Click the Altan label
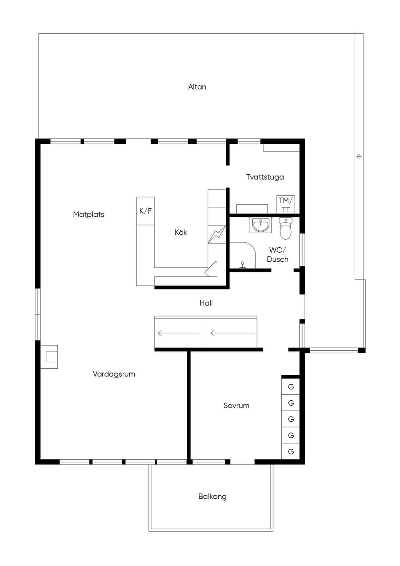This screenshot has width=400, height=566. coord(197,87)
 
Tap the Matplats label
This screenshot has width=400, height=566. coord(88,215)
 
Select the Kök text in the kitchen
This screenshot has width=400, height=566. coord(181,232)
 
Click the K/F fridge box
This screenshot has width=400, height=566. coord(145,211)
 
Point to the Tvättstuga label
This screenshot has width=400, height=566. coord(265,177)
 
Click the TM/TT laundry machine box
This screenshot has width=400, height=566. coord(286,204)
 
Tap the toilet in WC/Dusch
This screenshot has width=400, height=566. coord(286,228)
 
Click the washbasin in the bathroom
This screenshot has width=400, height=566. coord(261,225)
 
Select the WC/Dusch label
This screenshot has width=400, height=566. coord(277,255)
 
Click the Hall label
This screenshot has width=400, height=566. coord(206,303)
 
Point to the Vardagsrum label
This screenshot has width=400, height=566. coord(114,374)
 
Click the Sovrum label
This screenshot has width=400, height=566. coord(236,406)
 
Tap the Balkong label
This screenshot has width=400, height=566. coord(212,496)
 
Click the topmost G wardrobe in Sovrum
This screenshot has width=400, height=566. coord(291,387)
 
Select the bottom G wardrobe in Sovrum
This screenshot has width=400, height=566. coord(291,451)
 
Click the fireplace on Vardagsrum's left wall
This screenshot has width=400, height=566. coord(49,357)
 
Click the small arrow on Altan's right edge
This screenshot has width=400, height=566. coord(359,157)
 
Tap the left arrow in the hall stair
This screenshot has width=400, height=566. coord(179,333)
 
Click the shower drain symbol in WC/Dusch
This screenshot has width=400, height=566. coord(243,265)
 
